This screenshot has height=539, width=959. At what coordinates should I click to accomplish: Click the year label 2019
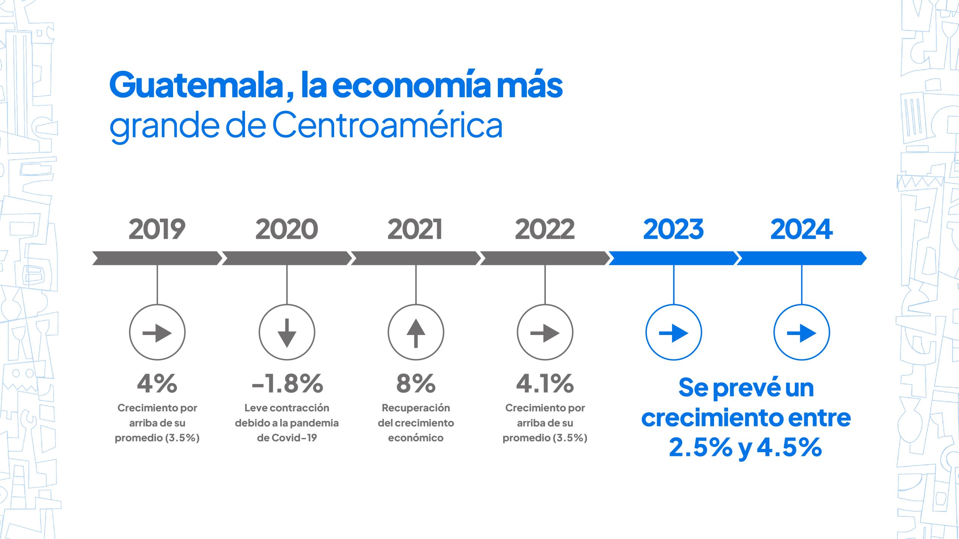click(x=157, y=229)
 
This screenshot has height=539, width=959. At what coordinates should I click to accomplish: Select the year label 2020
click(x=287, y=229)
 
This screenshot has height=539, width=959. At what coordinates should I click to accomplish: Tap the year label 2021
click(x=415, y=229)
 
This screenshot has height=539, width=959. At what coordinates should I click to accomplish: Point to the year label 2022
click(x=545, y=229)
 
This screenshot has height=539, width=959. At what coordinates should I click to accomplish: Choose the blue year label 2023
click(x=674, y=229)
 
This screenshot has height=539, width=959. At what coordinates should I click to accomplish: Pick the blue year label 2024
click(x=802, y=229)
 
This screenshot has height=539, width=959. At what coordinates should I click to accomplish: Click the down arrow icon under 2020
click(x=287, y=332)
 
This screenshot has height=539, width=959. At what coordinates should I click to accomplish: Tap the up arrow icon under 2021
click(x=416, y=332)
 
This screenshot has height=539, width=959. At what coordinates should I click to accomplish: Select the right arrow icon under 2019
click(x=157, y=332)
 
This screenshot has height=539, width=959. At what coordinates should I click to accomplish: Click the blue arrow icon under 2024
click(x=802, y=332)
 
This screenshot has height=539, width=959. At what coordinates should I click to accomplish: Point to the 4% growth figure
click(x=157, y=384)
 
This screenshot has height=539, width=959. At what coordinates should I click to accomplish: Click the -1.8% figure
click(x=287, y=384)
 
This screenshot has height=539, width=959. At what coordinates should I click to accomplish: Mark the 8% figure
click(x=416, y=384)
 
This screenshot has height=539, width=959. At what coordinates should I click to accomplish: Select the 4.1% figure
click(x=545, y=384)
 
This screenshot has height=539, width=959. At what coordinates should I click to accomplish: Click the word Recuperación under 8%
click(x=416, y=408)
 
